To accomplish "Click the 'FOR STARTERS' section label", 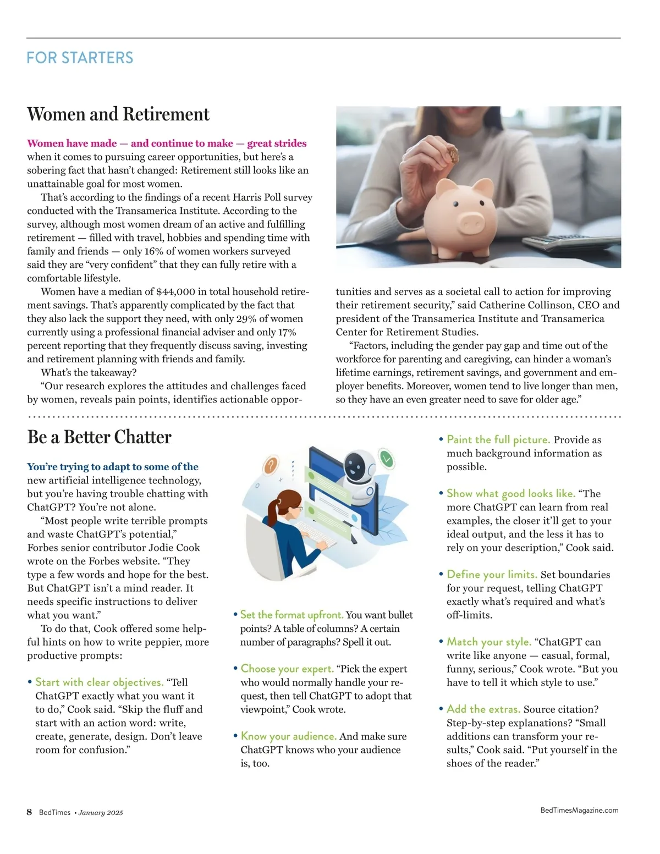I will point(80,58).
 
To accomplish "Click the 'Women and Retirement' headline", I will point(118,114).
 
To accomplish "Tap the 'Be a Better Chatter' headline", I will point(100,437).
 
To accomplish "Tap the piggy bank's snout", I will point(471,222).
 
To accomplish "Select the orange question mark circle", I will point(269,466).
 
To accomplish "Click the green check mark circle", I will point(387,458).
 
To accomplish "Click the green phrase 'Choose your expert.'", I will point(287,669).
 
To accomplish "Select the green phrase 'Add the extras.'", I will point(483,709).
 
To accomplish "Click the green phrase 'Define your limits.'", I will point(492,575).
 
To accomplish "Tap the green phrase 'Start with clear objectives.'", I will point(100,682).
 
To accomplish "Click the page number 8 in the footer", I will point(30,812).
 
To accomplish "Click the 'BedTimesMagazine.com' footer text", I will point(579,810).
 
